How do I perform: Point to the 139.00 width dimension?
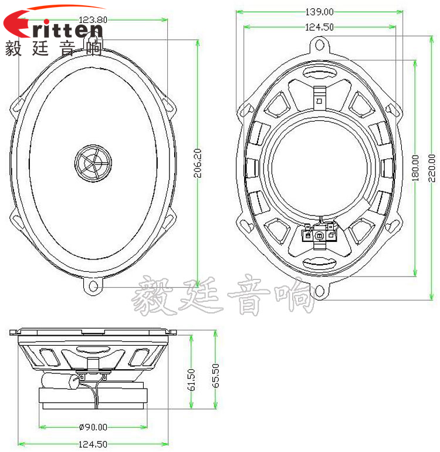point(319,11)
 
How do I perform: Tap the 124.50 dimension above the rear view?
point(319,26)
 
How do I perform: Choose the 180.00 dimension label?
point(415,169)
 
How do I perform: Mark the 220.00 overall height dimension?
point(432,169)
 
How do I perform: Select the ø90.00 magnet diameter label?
point(93,427)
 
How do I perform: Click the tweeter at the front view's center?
point(93,160)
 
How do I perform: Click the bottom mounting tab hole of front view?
point(92,286)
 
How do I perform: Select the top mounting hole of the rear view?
point(319,44)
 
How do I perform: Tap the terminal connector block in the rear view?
point(319,233)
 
